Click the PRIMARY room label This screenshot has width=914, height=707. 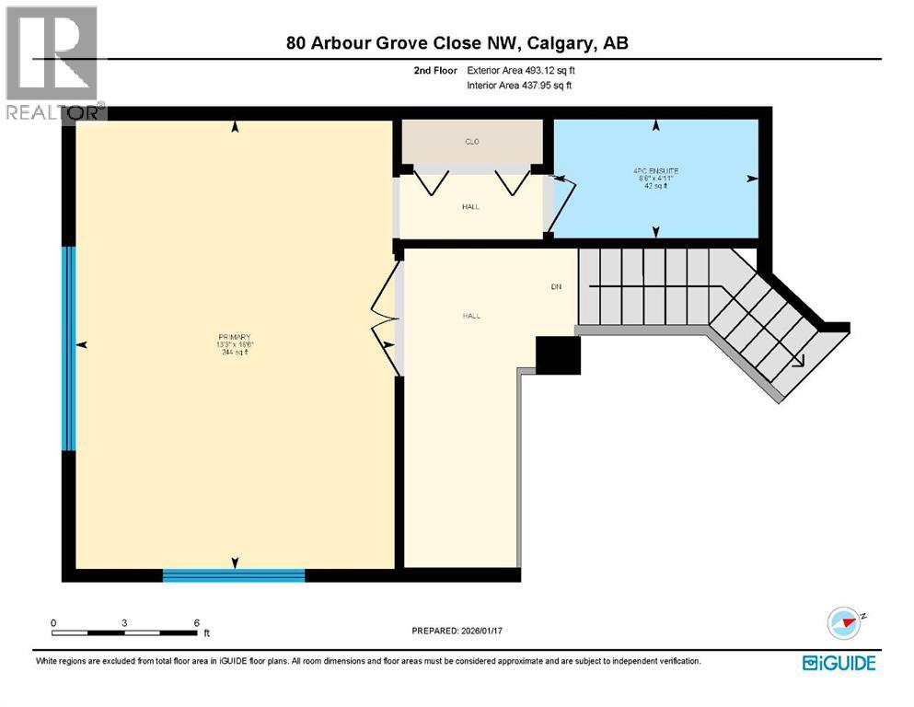[235, 337]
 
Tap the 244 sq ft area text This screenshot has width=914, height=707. [235, 353]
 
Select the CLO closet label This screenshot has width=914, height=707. [471, 142]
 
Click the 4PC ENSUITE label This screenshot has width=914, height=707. [654, 169]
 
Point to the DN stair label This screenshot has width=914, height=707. [556, 286]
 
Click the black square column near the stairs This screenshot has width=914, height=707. [558, 354]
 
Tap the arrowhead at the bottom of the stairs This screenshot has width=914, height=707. [799, 362]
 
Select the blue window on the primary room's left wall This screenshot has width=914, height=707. [68, 348]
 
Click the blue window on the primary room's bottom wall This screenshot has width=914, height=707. [233, 575]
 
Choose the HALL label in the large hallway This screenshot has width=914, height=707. [471, 316]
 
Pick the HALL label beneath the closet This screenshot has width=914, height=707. [470, 206]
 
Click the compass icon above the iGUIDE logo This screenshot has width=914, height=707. [843, 623]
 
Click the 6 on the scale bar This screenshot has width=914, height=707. [196, 622]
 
